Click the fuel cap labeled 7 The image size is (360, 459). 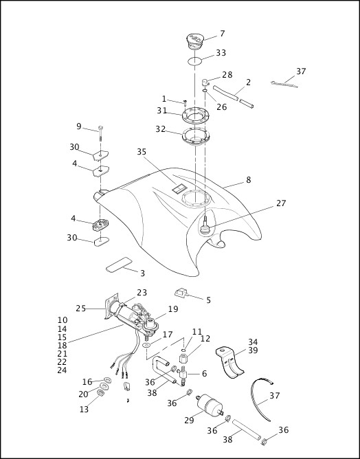195,41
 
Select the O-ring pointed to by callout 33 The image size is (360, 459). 194,61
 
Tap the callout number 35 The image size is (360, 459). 142,152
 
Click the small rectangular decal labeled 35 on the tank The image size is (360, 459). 179,188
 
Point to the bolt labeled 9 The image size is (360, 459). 100,133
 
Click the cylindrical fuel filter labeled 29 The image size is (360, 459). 210,405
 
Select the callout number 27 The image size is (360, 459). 281,203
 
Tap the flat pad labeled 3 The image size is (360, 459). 119,265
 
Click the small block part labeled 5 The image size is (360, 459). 181,293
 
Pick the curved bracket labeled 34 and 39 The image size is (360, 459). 229,362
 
